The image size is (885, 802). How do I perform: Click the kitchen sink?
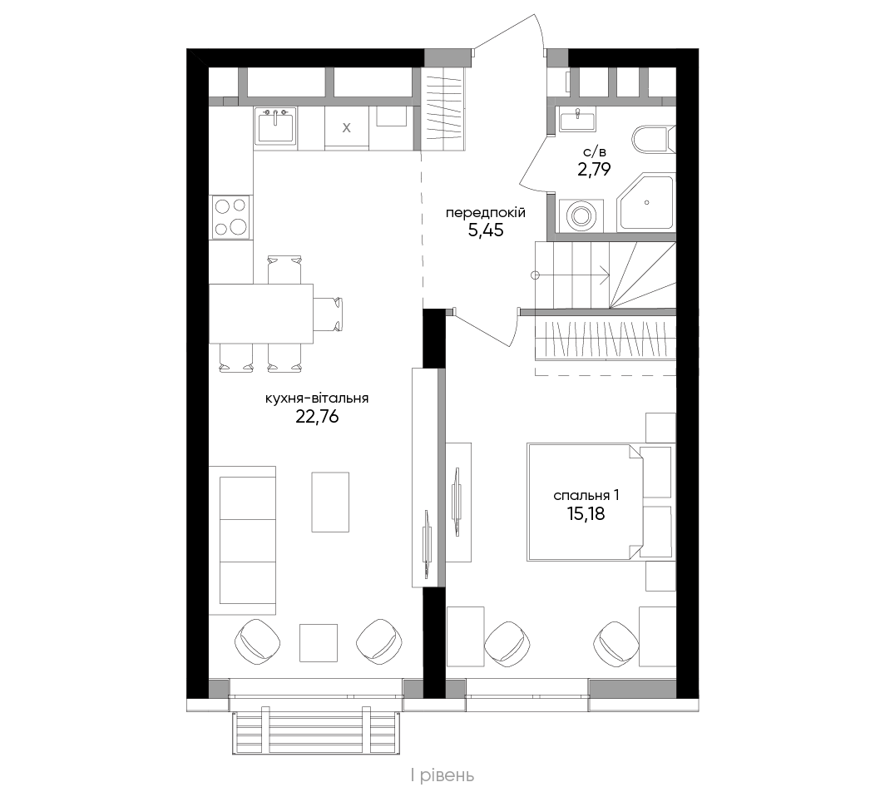pyautogui.click(x=275, y=126)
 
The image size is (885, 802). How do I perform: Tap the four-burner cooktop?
pyautogui.click(x=231, y=216)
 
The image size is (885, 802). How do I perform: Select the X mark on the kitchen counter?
pyautogui.click(x=347, y=127)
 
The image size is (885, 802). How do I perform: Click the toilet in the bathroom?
pyautogui.click(x=655, y=139)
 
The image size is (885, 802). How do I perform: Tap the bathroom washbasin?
pyautogui.click(x=577, y=119)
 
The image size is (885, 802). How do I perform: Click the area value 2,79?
pyautogui.click(x=594, y=170)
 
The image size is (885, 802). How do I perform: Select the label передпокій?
pyautogui.click(x=486, y=213)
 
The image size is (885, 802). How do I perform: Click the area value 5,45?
pyautogui.click(x=486, y=230)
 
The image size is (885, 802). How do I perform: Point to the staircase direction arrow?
pyautogui.click(x=571, y=275)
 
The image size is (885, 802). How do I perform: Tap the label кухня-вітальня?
pyautogui.click(x=317, y=398)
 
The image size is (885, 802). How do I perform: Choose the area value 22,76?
pyautogui.click(x=317, y=417)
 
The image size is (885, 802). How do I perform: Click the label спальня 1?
pyautogui.click(x=586, y=496)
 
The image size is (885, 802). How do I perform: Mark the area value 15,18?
pyautogui.click(x=586, y=513)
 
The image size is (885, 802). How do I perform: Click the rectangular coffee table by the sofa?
pyautogui.click(x=330, y=502)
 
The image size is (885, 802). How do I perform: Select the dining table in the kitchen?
pyautogui.click(x=261, y=314)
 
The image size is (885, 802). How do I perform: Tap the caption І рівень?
pyautogui.click(x=442, y=776)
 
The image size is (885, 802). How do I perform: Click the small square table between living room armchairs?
pyautogui.click(x=319, y=642)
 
